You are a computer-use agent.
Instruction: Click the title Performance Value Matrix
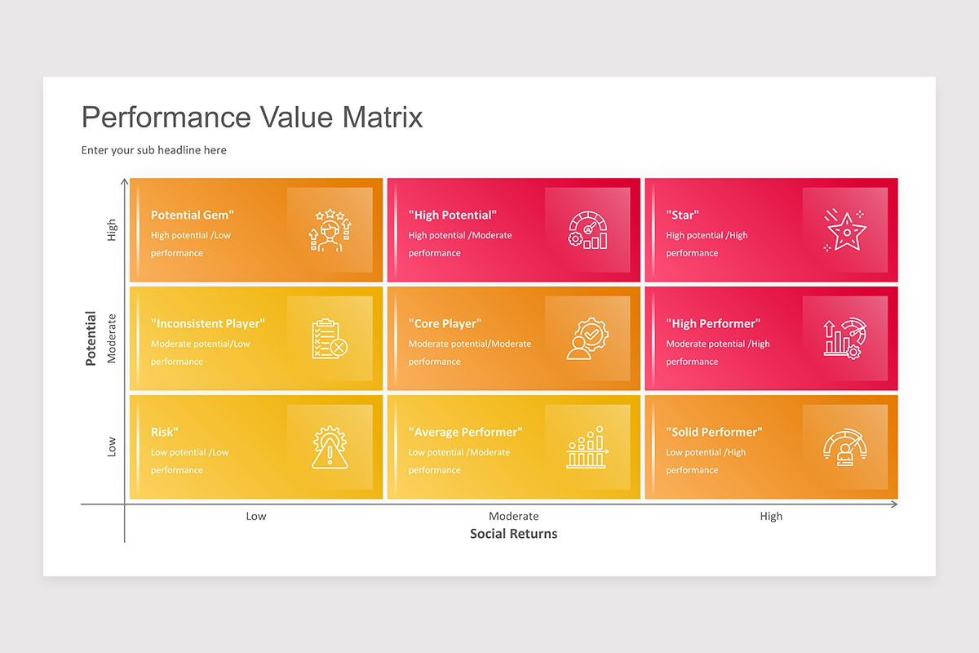pyautogui.click(x=252, y=118)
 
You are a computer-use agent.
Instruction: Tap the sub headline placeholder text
pyautogui.click(x=153, y=150)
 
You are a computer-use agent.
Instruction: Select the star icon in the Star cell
pyautogui.click(x=844, y=229)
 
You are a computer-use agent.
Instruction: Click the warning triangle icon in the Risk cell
pyautogui.click(x=330, y=447)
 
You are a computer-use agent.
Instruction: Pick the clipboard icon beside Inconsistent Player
pyautogui.click(x=330, y=339)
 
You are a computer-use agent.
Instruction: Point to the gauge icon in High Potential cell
pyautogui.click(x=587, y=229)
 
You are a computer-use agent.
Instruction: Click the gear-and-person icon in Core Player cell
pyautogui.click(x=587, y=339)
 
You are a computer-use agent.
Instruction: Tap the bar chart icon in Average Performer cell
pyautogui.click(x=587, y=447)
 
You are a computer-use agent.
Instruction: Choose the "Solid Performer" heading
pyautogui.click(x=714, y=432)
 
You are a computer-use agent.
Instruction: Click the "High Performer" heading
pyautogui.click(x=712, y=323)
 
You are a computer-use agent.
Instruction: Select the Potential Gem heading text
pyautogui.click(x=192, y=215)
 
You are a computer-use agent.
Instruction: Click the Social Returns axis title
pyautogui.click(x=513, y=534)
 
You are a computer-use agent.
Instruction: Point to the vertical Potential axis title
pyautogui.click(x=91, y=338)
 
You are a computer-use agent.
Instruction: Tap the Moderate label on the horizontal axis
pyautogui.click(x=513, y=516)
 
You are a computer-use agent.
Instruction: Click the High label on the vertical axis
pyautogui.click(x=112, y=230)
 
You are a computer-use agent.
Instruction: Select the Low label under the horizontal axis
pyautogui.click(x=256, y=516)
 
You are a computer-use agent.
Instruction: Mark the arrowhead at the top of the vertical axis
pyautogui.click(x=125, y=181)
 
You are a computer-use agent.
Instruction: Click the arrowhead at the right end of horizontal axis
pyautogui.click(x=894, y=504)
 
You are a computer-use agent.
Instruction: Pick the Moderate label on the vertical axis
pyautogui.click(x=112, y=338)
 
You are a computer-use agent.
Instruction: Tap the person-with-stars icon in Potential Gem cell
pyautogui.click(x=330, y=229)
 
